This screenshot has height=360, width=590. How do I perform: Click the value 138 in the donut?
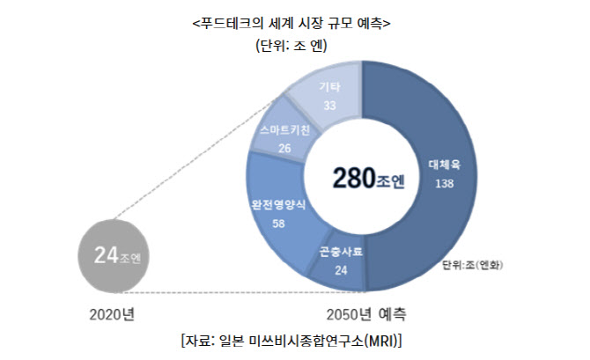coord(445,183)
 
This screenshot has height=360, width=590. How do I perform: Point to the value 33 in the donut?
coord(331,105)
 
